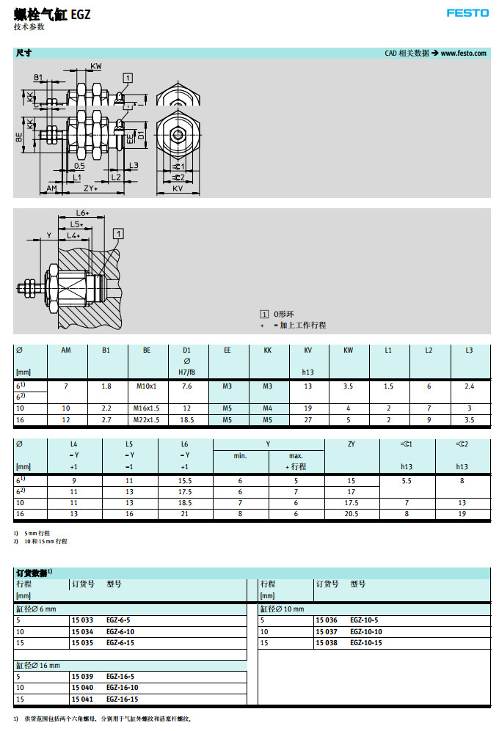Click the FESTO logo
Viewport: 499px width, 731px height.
click(x=467, y=13)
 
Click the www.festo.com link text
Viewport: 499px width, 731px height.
click(x=464, y=53)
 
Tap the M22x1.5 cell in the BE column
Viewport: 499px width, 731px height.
click(x=147, y=420)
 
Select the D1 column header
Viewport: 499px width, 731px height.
click(x=186, y=350)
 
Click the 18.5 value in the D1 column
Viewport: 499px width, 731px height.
click(x=186, y=420)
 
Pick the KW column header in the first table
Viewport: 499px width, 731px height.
click(x=349, y=350)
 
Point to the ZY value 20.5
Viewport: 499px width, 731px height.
click(x=352, y=514)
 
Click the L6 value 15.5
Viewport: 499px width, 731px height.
click(x=185, y=481)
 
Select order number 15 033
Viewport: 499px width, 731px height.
click(x=82, y=620)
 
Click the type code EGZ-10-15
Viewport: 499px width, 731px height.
click(x=366, y=642)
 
